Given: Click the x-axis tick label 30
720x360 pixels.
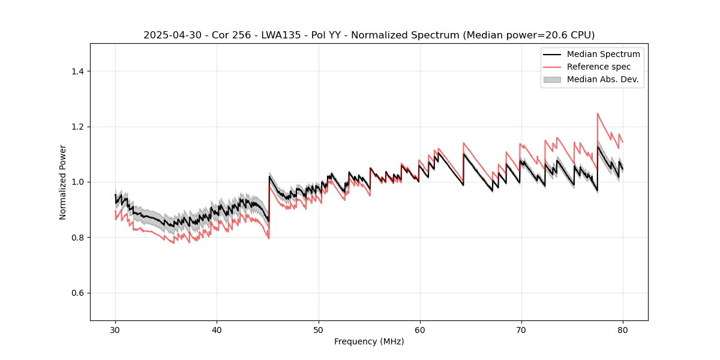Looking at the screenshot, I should (115, 330).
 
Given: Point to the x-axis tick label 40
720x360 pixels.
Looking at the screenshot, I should (217, 330).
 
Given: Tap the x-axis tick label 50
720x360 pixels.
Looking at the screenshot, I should (318, 330).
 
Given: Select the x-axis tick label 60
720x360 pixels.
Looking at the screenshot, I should (419, 330).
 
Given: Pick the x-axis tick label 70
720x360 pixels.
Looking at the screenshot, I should (521, 330).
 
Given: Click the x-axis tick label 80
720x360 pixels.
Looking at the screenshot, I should (622, 330).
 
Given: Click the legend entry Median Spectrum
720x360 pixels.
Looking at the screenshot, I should (603, 54).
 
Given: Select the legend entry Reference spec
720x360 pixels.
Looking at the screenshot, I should (598, 67).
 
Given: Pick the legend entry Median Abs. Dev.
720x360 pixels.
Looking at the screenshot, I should (602, 79).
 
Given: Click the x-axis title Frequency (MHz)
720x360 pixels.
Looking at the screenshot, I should (369, 341).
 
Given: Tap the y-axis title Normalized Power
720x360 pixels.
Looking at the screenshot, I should (63, 182).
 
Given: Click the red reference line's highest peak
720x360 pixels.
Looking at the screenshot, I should (598, 113).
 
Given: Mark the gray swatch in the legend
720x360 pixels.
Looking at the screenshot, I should (552, 79).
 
